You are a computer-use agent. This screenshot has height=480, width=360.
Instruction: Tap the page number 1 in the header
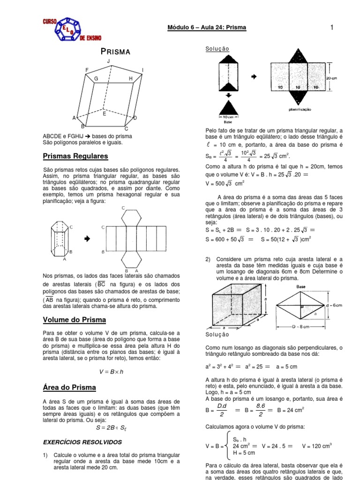[331, 28]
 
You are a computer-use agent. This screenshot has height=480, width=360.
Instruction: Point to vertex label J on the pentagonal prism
[108, 61]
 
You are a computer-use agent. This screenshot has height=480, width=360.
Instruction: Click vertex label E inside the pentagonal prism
[104, 114]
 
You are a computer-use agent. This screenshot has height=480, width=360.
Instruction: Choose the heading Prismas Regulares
[75, 156]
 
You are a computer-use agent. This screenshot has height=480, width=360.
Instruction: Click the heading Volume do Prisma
[74, 320]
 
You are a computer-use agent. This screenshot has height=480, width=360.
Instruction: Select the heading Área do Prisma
[69, 387]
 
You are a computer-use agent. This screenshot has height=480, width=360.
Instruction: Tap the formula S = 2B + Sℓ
[111, 427]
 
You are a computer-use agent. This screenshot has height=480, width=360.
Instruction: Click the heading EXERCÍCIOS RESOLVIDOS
[82, 442]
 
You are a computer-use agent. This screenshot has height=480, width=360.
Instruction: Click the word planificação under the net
[302, 109]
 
